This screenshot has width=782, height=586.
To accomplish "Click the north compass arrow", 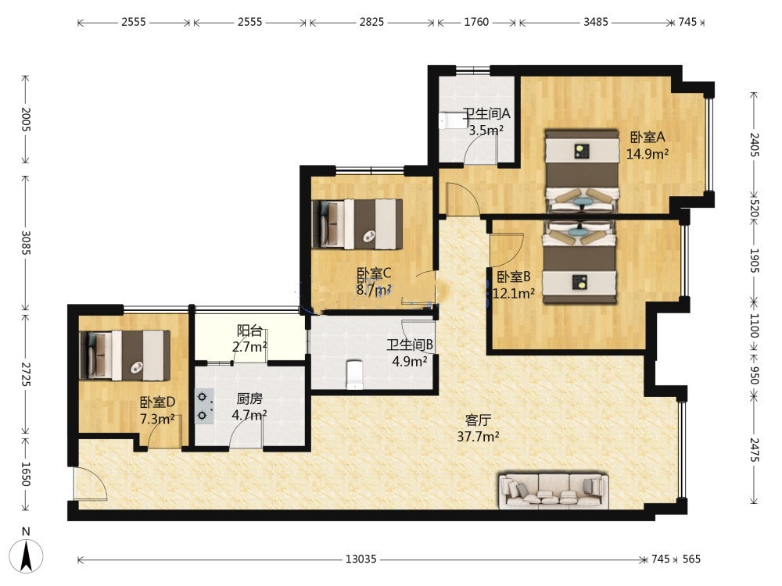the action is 26,554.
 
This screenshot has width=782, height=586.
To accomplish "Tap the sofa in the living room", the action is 554,491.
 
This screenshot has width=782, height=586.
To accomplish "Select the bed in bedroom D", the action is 125,356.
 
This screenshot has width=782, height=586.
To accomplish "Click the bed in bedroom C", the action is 357,223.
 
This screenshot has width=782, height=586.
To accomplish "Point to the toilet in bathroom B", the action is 353,374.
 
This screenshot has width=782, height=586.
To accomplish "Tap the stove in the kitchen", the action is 204,406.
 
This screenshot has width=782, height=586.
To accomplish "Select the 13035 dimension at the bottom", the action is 361,559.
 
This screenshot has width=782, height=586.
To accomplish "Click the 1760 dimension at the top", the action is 476,22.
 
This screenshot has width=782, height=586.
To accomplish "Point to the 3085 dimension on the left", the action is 26,243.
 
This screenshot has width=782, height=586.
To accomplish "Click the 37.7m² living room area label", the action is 479,437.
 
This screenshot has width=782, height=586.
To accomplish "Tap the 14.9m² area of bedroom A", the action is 647,154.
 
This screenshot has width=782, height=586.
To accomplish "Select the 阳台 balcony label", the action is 249,331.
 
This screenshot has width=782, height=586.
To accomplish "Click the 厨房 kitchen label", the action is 249,398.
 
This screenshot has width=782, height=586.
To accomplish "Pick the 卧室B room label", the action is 514,276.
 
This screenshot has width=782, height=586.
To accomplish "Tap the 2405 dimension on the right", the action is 755,145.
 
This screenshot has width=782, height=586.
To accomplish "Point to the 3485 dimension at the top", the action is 596,22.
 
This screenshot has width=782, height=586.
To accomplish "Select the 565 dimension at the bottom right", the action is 691,559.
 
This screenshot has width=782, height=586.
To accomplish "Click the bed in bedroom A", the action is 582,171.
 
